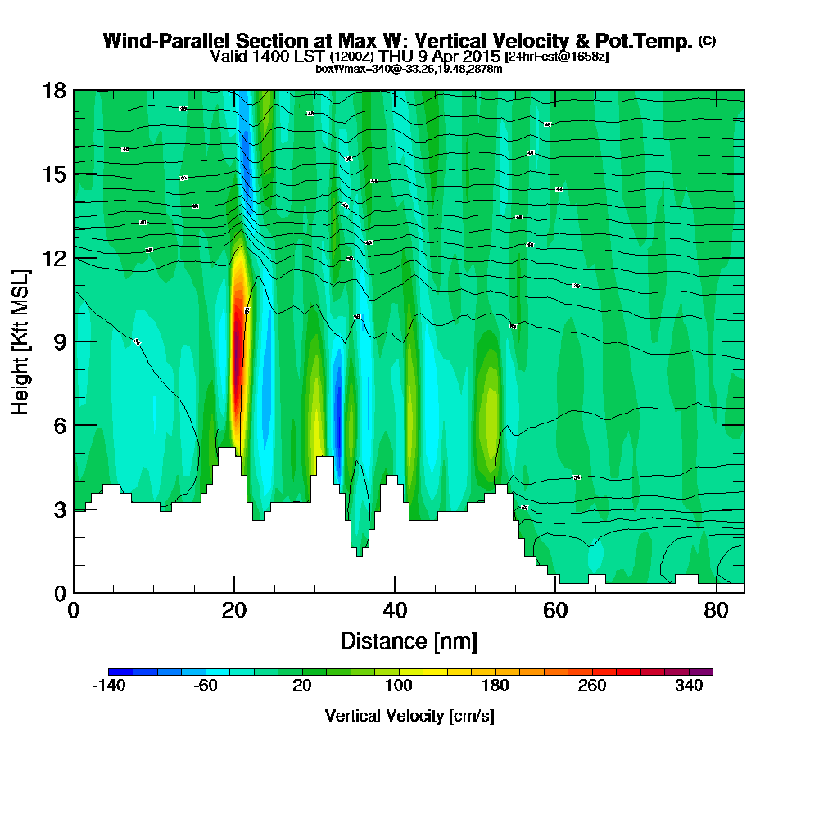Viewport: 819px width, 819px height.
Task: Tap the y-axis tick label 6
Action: point(58,425)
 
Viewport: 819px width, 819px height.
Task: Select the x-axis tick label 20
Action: point(234,610)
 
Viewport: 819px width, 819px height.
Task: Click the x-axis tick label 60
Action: point(555,610)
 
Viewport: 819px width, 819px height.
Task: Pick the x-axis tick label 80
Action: point(716,610)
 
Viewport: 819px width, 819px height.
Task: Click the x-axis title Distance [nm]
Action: point(409,640)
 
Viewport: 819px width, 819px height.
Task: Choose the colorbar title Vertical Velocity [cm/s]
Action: point(409,716)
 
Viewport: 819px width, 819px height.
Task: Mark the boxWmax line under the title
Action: point(409,69)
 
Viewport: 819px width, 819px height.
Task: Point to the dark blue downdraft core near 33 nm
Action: point(337,409)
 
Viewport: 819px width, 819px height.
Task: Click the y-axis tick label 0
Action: point(58,592)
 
